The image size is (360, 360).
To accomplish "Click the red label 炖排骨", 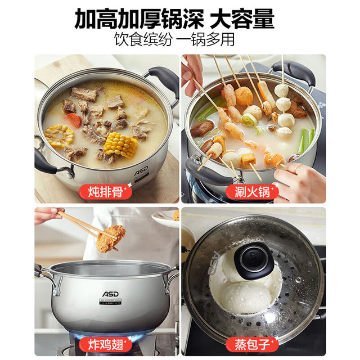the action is click(x=105, y=191).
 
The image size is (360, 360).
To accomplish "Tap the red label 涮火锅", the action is click(x=252, y=191).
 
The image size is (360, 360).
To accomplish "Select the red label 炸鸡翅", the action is click(x=105, y=344).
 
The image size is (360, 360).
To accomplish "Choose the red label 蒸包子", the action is click(x=252, y=344).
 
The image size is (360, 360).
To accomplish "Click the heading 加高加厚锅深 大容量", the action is click(x=174, y=19).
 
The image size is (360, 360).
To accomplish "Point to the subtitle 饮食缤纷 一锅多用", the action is click(x=174, y=39).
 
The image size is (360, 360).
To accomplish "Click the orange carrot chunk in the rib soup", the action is click(x=74, y=120).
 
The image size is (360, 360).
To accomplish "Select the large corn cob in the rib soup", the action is click(x=121, y=145).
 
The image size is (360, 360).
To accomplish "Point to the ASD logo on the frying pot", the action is click(x=110, y=294).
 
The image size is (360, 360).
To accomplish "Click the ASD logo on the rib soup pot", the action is click(x=141, y=171).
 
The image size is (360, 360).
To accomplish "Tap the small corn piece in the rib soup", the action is click(x=59, y=136).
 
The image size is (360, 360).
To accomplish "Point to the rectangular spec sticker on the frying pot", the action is click(x=110, y=301).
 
